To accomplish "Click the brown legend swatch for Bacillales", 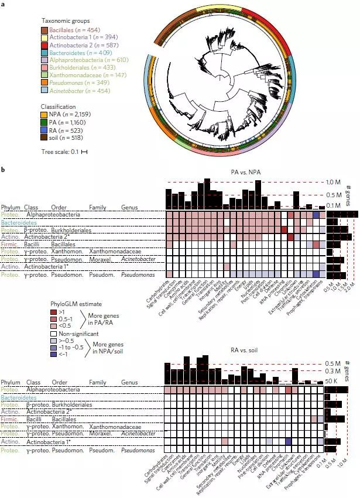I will [x=44, y=29].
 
